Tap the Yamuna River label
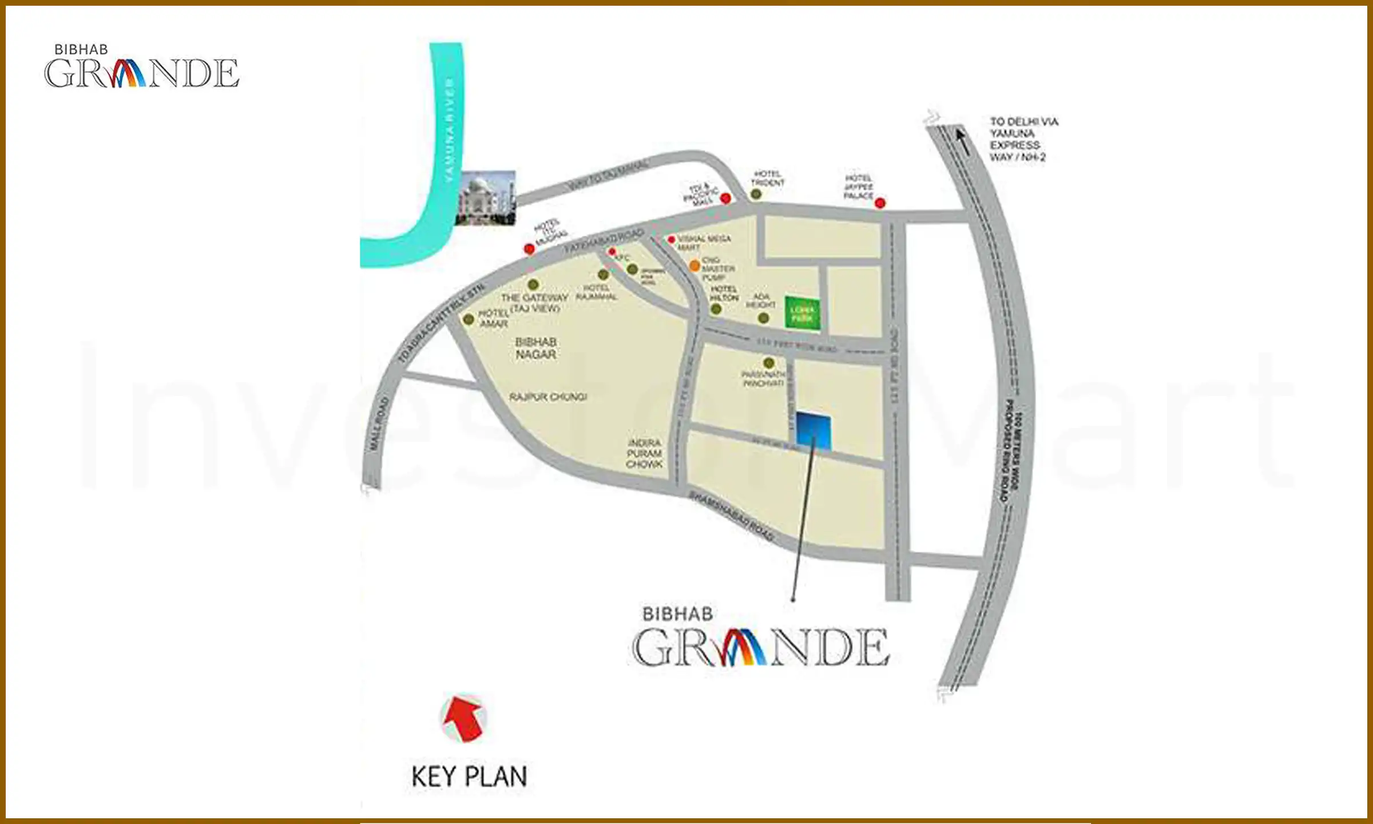point(449,130)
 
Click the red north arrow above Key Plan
point(464,718)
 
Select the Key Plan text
point(469,777)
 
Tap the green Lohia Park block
point(802,314)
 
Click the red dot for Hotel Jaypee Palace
point(880,203)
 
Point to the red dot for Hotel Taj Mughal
point(529,249)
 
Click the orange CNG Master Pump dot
point(695,266)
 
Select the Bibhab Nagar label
point(535,348)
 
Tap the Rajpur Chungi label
point(548,397)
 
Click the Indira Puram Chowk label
point(644,453)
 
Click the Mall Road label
point(378,423)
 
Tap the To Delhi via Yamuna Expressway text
point(1023,139)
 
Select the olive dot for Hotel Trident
point(756,195)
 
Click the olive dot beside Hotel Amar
point(469,319)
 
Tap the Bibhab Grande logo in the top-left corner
point(141,67)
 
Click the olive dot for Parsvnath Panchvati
point(768,363)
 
